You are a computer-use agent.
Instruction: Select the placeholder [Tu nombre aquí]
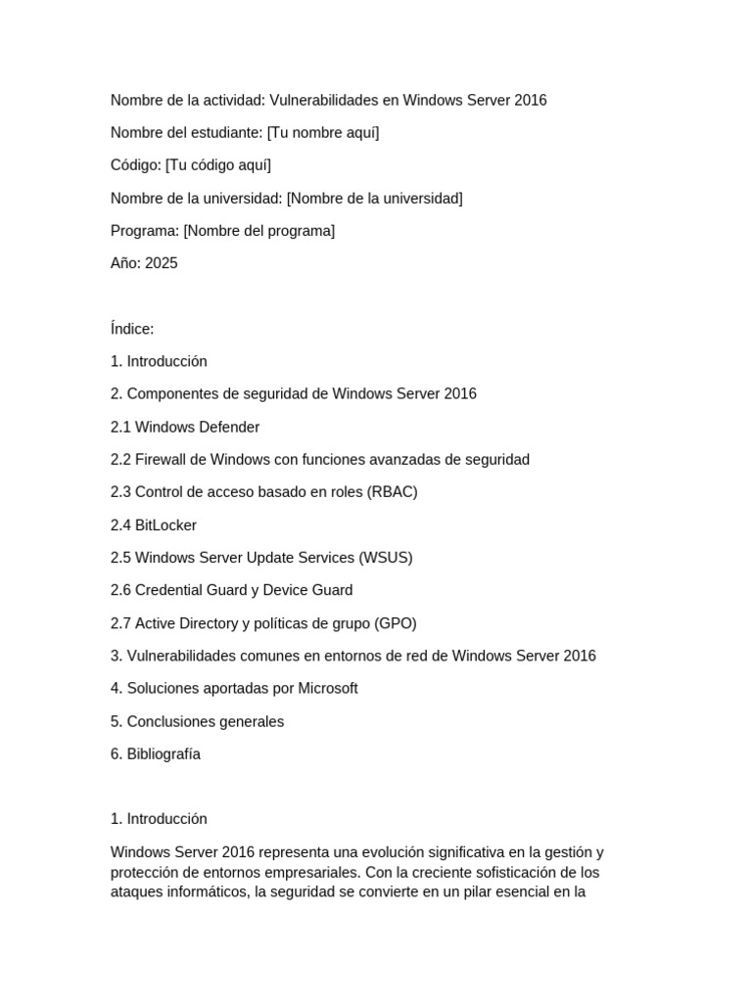click(x=323, y=132)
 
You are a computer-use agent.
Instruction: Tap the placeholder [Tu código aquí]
click(x=218, y=165)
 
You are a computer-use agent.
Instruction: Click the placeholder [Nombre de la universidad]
click(x=374, y=198)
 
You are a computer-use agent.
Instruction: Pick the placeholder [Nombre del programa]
click(x=258, y=231)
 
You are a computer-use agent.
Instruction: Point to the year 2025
click(x=162, y=263)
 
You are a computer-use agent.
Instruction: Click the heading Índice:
click(x=132, y=329)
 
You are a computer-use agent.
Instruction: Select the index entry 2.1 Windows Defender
click(x=185, y=427)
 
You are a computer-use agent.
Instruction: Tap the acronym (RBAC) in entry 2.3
click(x=392, y=492)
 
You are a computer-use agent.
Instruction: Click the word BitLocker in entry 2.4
click(x=165, y=525)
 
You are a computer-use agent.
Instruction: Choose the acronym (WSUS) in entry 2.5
click(x=386, y=558)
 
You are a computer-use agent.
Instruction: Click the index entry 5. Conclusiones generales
click(x=197, y=721)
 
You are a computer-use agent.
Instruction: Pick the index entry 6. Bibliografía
click(x=156, y=754)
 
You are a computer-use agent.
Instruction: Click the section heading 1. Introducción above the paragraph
click(x=159, y=819)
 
